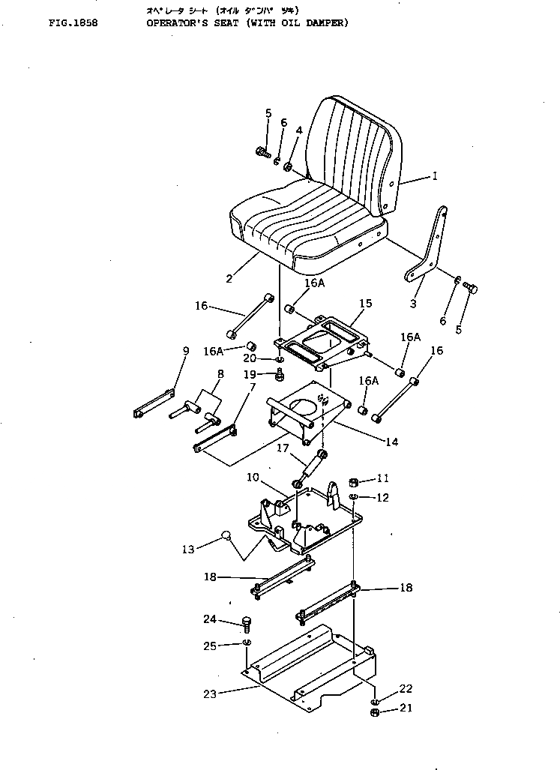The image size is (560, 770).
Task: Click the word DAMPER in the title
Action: point(325,23)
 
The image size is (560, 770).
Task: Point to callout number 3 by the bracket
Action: point(413,304)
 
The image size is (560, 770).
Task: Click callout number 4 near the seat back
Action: point(298,130)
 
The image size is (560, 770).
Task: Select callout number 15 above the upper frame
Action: point(365,304)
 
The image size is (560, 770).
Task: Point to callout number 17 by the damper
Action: point(282,450)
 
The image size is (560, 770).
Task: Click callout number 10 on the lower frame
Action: point(253,477)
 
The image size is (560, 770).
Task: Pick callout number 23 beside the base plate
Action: point(210,694)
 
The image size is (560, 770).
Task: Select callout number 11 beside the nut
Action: point(383,478)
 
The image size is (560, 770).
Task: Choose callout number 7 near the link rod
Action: point(253,387)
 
